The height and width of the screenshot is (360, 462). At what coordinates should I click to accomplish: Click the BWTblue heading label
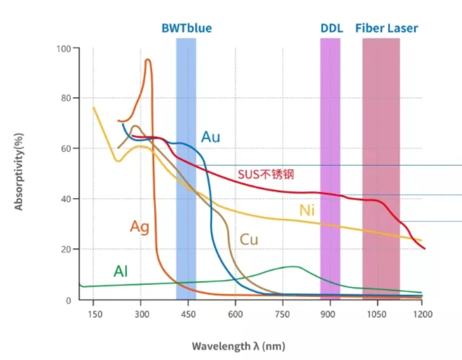186,28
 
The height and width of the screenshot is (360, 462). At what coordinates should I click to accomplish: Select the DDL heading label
331,28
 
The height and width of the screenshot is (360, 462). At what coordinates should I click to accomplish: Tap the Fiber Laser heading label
386,28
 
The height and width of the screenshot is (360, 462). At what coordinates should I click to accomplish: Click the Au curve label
210,137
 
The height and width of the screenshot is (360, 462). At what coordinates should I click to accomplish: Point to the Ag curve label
139,227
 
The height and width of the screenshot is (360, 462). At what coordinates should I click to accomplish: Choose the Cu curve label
249,239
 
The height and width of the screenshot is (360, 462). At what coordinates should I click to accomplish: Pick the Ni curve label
307,210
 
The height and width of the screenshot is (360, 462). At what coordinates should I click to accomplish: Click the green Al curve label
120,272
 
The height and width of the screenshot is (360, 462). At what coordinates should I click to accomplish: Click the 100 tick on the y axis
64,49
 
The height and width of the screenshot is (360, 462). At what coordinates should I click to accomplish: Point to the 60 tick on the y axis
66,149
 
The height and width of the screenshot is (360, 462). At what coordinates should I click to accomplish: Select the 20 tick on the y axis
66,250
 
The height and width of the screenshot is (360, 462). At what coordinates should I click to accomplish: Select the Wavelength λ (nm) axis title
239,346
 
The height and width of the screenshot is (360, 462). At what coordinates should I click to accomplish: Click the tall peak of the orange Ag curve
148,60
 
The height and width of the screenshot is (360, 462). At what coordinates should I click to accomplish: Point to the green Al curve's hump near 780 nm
293,267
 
